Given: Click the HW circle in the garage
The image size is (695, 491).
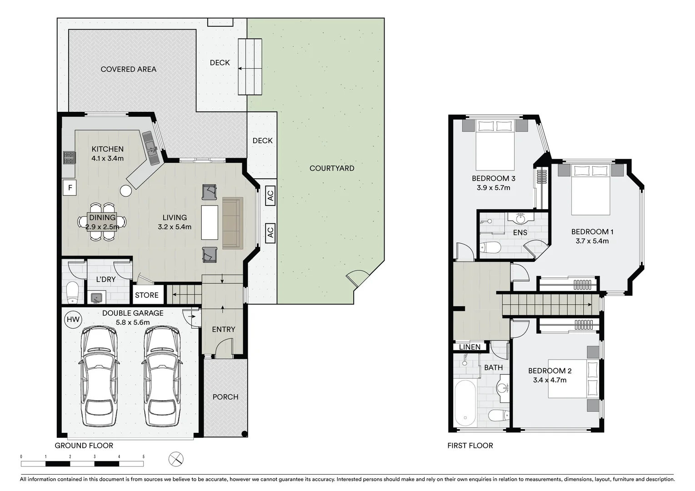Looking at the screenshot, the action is pyautogui.click(x=73, y=320).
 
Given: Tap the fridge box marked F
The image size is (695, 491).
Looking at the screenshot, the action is pyautogui.click(x=70, y=187).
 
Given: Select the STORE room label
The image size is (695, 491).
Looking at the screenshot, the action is pyautogui.click(x=147, y=295).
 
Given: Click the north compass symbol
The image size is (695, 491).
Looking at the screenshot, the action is pyautogui.click(x=176, y=459).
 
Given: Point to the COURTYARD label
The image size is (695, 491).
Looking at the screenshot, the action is pyautogui.click(x=332, y=168).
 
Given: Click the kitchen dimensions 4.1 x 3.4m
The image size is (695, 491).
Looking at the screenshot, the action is pyautogui.click(x=107, y=158).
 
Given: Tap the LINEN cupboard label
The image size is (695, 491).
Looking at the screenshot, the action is pyautogui.click(x=470, y=347).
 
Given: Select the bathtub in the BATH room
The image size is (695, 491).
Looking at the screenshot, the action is pyautogui.click(x=465, y=403).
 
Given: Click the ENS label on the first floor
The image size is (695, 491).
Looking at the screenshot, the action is pyautogui.click(x=520, y=232).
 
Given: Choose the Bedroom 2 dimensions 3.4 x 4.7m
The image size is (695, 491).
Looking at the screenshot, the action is pyautogui.click(x=550, y=380).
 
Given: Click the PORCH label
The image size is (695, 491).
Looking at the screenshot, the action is pyautogui.click(x=225, y=397).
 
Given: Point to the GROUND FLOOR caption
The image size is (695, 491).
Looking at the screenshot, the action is pyautogui.click(x=84, y=446).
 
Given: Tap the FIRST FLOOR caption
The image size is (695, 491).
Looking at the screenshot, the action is pyautogui.click(x=470, y=446).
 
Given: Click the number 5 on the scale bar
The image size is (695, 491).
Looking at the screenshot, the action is pyautogui.click(x=143, y=456).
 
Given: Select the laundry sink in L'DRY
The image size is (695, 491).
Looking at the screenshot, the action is pyautogui.click(x=96, y=297).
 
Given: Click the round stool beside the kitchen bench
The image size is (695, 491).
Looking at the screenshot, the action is pyautogui.click(x=125, y=191).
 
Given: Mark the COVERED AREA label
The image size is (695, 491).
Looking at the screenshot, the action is pyautogui.click(x=129, y=69).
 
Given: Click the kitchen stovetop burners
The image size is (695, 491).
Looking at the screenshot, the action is pyautogui.click(x=70, y=157).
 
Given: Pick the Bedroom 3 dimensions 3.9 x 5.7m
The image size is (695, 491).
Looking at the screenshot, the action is pyautogui.click(x=493, y=187).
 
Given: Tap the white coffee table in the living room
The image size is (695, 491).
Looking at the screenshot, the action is pyautogui.click(x=210, y=222).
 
